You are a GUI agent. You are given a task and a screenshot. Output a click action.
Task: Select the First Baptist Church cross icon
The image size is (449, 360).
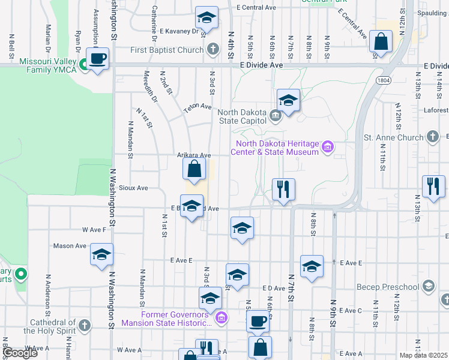[x=212, y=50]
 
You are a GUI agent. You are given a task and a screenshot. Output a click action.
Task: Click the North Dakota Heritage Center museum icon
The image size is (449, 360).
[x=328, y=146]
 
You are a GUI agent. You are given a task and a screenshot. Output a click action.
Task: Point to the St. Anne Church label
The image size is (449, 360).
[x=394, y=137]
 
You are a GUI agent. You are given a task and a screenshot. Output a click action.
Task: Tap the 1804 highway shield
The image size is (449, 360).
[x=382, y=79]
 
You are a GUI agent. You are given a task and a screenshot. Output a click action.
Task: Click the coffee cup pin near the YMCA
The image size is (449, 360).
[x=97, y=58]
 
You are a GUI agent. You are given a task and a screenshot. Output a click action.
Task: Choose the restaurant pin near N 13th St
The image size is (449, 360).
[x=433, y=185]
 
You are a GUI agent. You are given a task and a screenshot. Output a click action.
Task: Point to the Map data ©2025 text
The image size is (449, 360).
[x=423, y=355]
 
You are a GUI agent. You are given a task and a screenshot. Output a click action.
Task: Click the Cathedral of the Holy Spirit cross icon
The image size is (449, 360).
[x=85, y=325]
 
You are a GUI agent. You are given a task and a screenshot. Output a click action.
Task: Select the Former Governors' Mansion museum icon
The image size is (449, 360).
[x=221, y=317]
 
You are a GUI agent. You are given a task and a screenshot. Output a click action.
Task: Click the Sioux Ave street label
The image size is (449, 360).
[x=134, y=188]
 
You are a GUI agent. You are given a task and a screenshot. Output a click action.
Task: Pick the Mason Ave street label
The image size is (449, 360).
[x=70, y=245]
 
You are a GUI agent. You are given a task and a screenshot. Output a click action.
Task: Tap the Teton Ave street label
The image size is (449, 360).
[x=198, y=106]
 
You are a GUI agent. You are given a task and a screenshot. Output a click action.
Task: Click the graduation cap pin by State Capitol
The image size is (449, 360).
[x=288, y=100]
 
